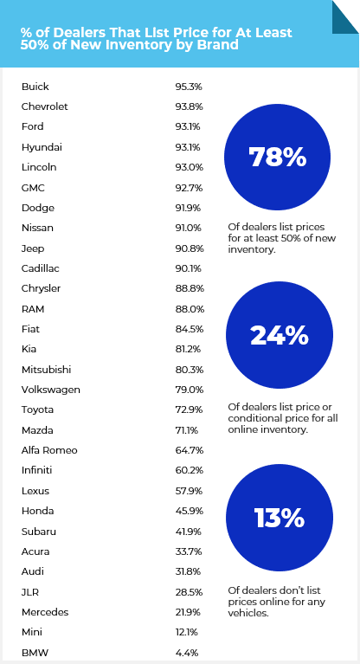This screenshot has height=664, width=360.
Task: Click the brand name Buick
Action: pos(35,87)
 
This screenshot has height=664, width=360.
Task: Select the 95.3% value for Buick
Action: pos(189,87)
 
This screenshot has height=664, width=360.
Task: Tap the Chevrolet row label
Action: pos(44,106)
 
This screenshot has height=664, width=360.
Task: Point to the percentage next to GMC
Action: pos(189,188)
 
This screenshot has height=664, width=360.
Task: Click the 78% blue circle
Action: pos(277,157)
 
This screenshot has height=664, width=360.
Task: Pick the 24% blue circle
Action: pos(280,335)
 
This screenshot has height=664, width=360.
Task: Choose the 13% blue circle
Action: pos(280,518)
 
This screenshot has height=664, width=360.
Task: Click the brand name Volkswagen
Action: pos(51,390)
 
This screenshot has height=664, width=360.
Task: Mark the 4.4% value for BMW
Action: pos(186,653)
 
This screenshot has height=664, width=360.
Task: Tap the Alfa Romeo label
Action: pos(49,450)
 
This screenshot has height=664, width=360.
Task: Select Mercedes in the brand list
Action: pos(45,612)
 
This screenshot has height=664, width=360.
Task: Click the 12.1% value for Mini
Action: pos(186,632)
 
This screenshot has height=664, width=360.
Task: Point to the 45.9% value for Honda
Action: pos(189,511)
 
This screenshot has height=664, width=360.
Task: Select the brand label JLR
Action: pos(30,592)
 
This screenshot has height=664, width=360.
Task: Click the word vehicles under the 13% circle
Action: pos(248,613)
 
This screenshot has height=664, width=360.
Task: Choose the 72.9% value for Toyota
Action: pos(189,410)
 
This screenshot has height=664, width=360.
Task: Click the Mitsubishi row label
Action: pos(46,370)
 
